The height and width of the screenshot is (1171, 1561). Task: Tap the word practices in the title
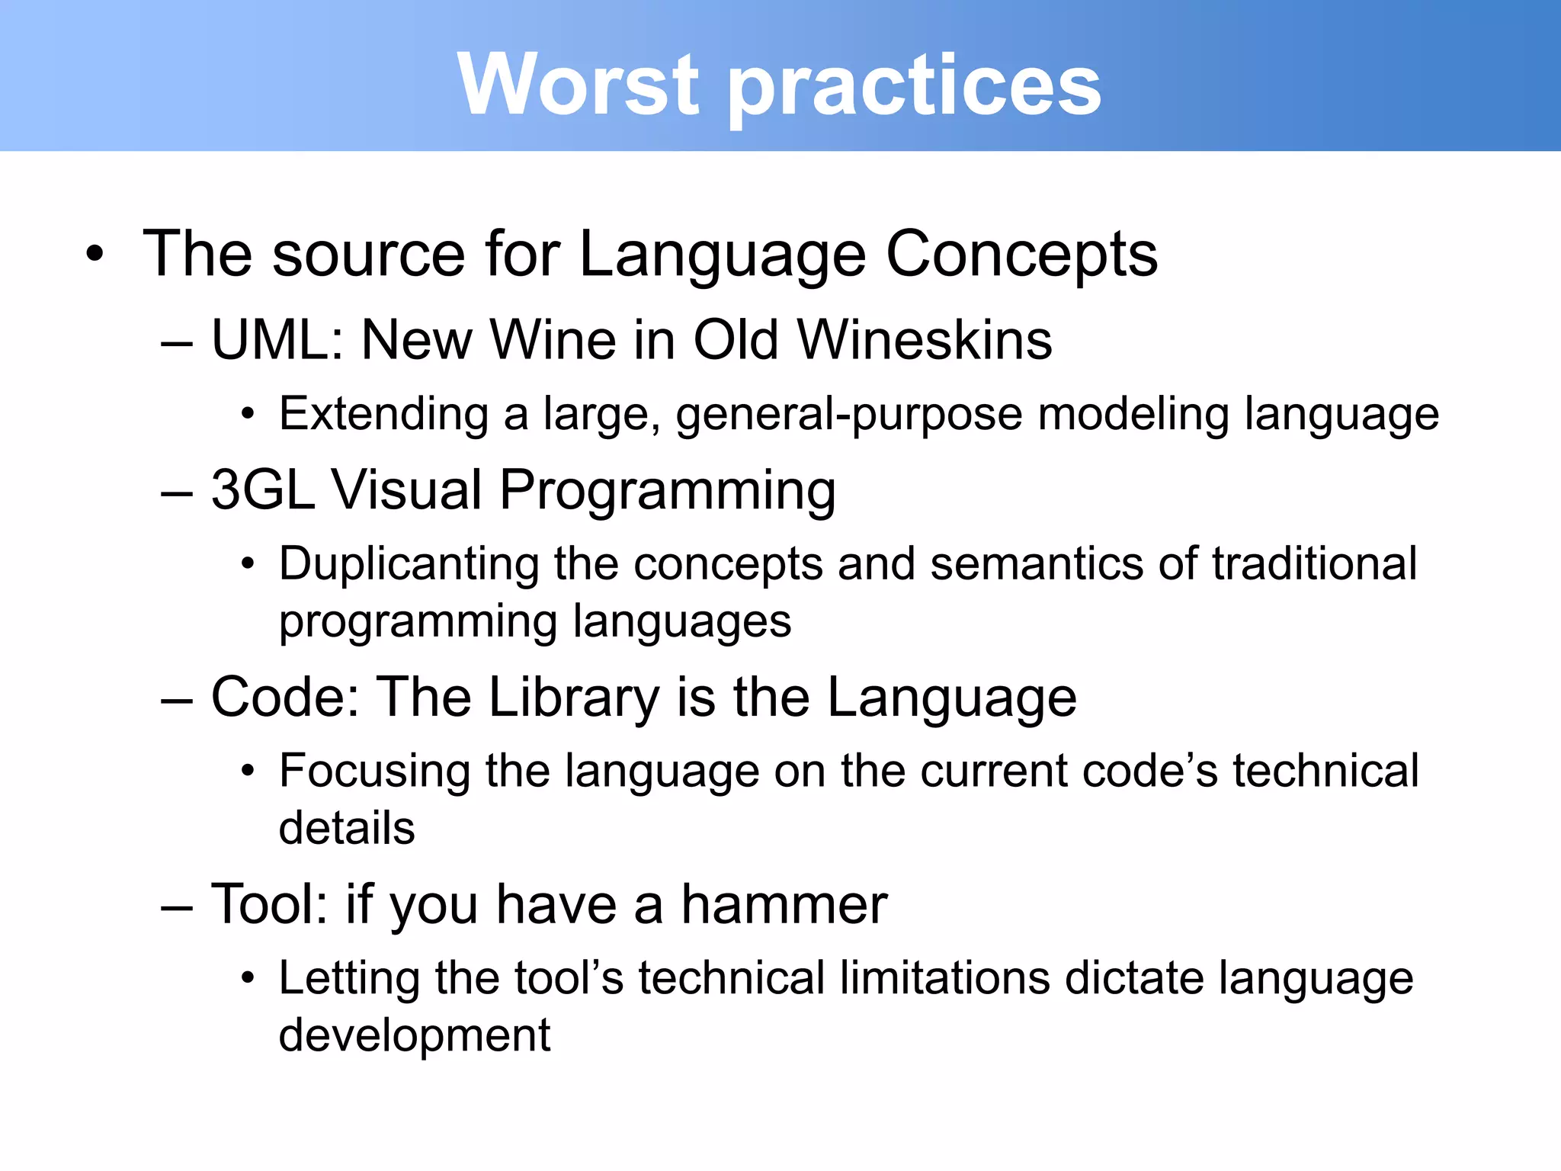coord(915,88)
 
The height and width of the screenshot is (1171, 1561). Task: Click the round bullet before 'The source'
coord(95,255)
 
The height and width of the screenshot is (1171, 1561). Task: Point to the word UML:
coord(278,339)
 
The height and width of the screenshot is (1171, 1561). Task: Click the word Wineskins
coord(925,339)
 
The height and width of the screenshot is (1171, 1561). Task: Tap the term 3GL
coord(262,489)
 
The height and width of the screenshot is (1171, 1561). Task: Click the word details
coord(347,829)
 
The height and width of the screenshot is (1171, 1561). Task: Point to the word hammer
coord(784,905)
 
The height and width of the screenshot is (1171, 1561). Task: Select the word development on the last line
coord(414,1036)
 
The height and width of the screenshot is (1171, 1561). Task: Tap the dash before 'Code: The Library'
coord(177,699)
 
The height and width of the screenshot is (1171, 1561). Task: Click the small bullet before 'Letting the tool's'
coord(247,979)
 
